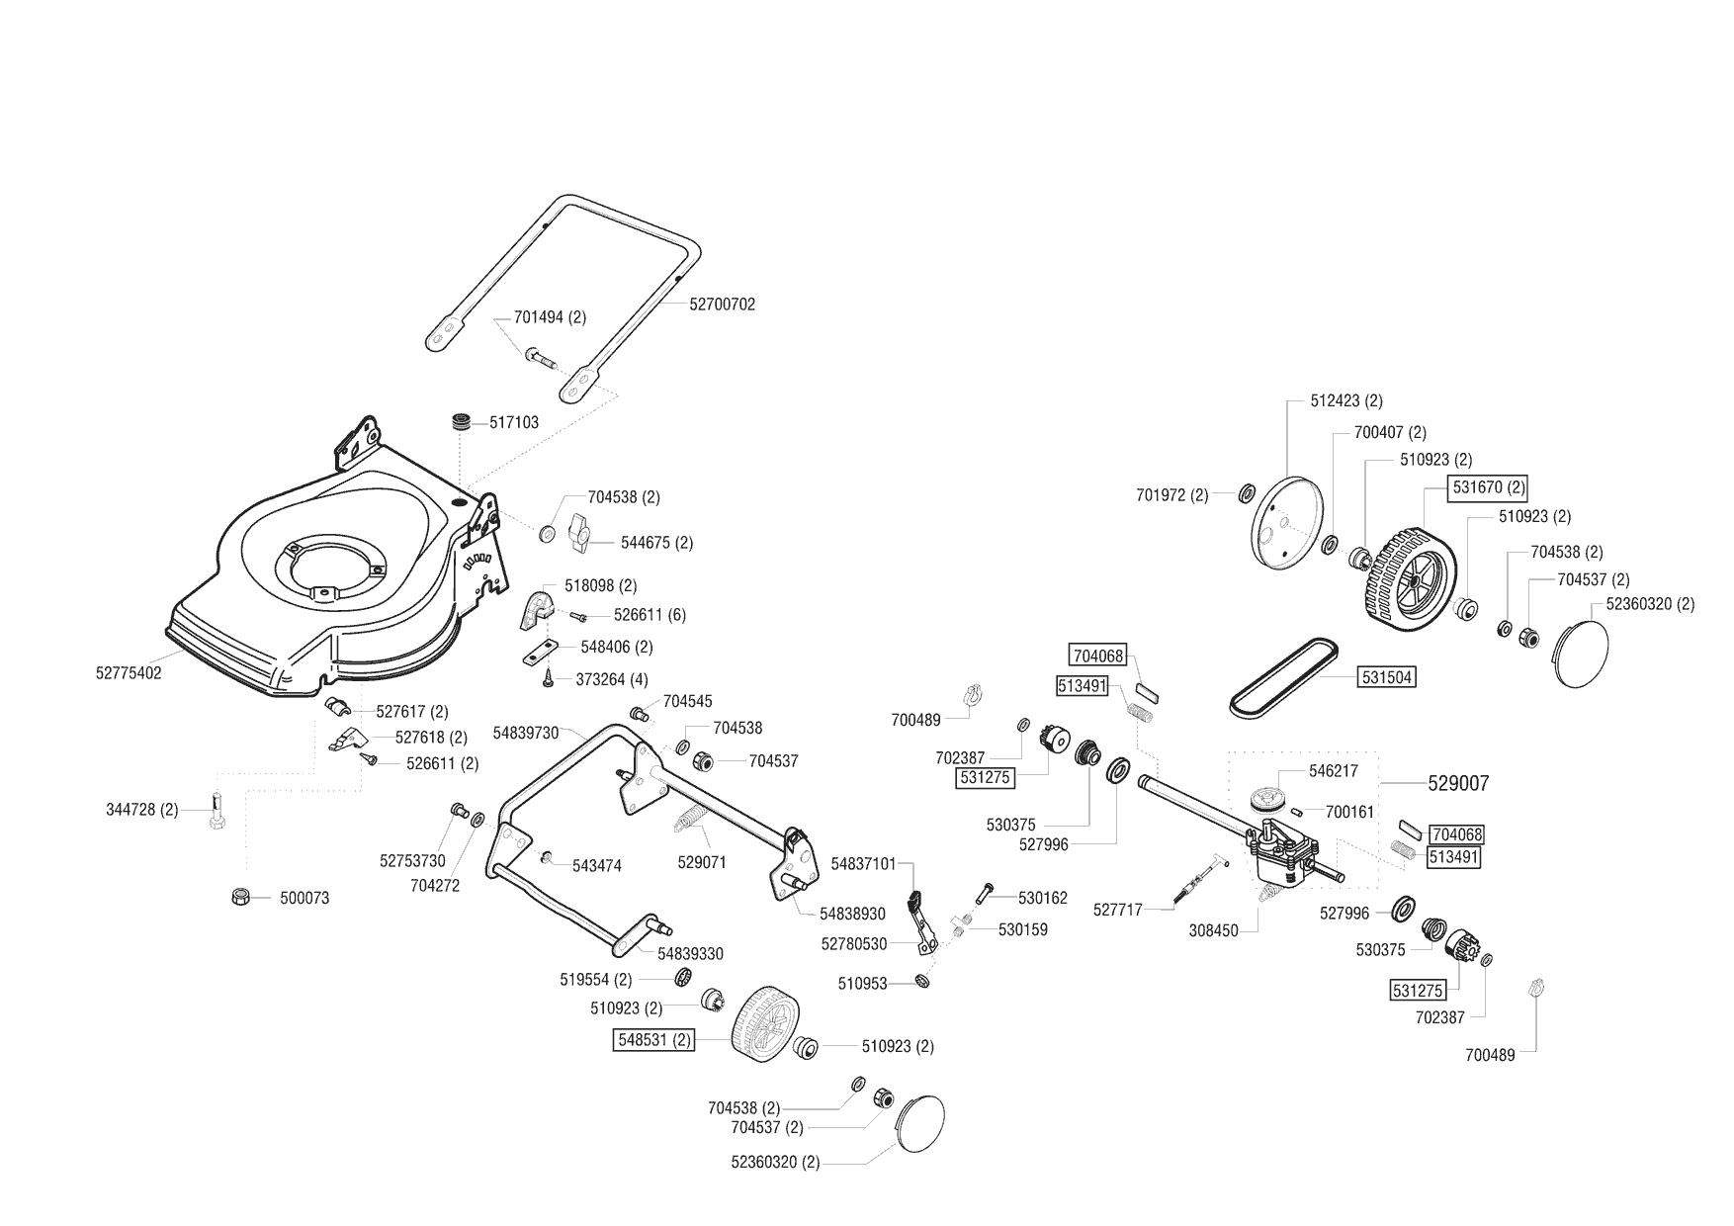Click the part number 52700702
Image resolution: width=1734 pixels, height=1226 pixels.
click(722, 305)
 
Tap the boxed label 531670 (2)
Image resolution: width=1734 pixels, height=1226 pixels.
click(1488, 487)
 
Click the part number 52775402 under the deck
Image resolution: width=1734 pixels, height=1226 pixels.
click(129, 673)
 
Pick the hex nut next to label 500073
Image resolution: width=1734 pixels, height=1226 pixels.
click(238, 897)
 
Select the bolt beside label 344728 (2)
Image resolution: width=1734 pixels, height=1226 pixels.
click(217, 813)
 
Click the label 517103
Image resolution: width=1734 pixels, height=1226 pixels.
click(514, 422)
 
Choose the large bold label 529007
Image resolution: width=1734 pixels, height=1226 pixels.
click(1458, 783)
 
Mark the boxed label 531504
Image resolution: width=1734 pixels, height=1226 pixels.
click(1387, 677)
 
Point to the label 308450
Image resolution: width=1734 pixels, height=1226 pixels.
click(1213, 930)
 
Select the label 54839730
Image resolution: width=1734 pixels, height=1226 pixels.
click(526, 733)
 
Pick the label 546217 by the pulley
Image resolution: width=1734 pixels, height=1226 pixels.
click(1334, 770)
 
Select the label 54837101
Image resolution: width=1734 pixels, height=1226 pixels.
click(863, 864)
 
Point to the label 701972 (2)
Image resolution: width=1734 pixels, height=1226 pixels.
click(1172, 495)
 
